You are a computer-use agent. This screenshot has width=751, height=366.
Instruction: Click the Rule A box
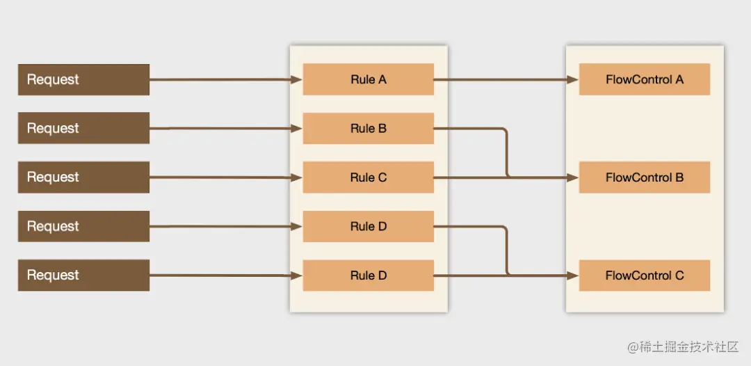click(369, 79)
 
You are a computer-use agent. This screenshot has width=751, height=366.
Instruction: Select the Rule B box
click(369, 129)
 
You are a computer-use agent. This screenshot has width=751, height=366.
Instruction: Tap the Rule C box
click(369, 177)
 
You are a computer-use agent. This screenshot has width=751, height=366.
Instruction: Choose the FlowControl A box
click(644, 79)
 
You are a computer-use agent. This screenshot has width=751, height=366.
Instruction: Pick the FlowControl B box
click(644, 177)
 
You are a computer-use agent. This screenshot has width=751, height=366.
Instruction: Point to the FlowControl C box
click(644, 276)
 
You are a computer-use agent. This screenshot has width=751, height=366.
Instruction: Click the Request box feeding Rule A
click(83, 79)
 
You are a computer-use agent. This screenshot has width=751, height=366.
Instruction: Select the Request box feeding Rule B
click(83, 128)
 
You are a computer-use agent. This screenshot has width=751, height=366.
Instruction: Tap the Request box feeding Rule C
click(83, 177)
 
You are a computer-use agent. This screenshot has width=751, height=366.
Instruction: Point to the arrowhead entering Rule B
click(297, 129)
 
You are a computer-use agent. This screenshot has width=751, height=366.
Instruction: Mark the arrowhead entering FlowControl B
click(572, 177)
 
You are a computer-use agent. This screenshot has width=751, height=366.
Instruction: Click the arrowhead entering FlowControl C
click(572, 276)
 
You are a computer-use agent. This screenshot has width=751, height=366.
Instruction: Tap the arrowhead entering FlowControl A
click(572, 79)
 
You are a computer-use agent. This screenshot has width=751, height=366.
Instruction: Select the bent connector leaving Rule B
click(506, 150)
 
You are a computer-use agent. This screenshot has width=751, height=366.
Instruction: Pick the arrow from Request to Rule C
click(223, 177)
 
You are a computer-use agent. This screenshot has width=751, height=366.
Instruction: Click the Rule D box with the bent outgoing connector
click(369, 227)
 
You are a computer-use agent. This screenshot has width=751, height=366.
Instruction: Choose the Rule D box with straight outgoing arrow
click(369, 276)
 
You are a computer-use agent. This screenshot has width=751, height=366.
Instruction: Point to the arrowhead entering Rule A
click(297, 79)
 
